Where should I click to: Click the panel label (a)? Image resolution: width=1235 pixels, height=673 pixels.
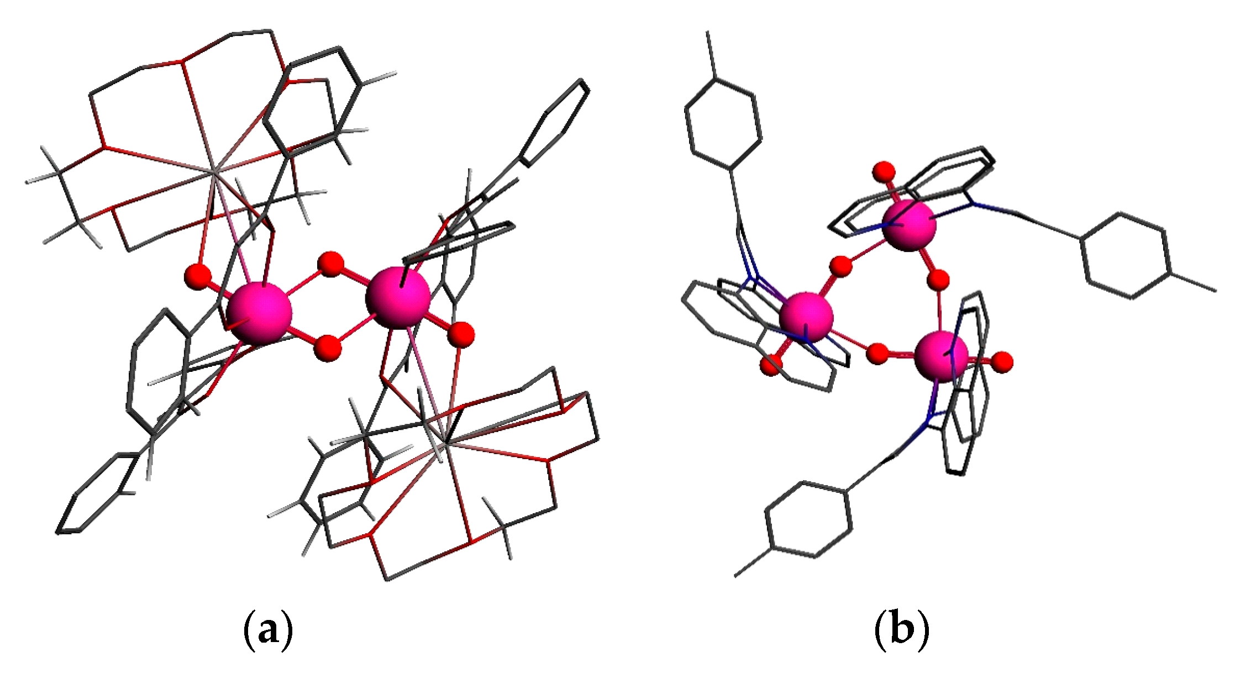[268, 629]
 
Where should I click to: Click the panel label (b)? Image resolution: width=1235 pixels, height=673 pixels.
[902, 629]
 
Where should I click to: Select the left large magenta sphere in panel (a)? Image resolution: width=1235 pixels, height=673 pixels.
[259, 314]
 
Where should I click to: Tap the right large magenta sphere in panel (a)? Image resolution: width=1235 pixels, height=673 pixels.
[398, 298]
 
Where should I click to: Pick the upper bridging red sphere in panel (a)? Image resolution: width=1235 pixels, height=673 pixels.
[331, 264]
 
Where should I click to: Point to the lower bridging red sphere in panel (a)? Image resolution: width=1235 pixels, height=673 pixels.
[328, 348]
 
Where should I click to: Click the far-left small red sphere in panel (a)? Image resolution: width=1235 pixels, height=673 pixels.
[198, 275]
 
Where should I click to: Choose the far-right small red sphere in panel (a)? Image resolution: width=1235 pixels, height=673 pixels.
[461, 335]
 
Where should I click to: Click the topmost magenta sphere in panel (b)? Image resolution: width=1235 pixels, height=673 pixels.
[910, 225]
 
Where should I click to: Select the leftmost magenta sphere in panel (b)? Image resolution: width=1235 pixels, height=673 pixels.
[806, 318]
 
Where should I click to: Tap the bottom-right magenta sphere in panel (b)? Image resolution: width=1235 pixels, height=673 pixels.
[941, 356]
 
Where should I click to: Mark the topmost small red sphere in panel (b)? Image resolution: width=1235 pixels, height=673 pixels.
[884, 172]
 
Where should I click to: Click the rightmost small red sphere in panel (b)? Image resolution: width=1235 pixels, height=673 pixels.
[1002, 362]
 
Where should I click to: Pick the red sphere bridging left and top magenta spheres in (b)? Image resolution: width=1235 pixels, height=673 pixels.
[841, 266]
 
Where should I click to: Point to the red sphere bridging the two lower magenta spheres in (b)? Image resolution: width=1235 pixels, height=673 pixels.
[877, 354]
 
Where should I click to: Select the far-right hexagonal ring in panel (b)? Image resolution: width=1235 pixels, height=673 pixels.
[1124, 255]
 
